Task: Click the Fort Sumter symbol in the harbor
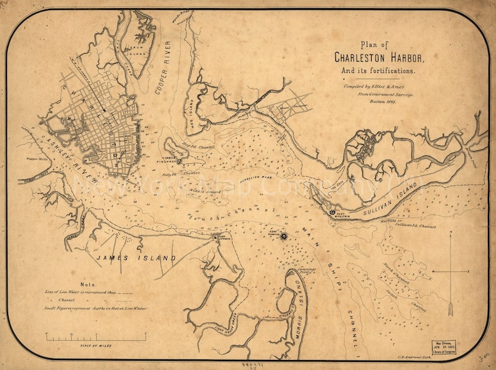click(283, 236)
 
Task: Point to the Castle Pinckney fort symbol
click(179, 160)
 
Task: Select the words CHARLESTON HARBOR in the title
click(379, 58)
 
